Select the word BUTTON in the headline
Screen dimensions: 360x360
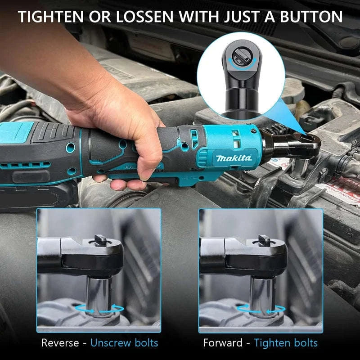tap(311, 17)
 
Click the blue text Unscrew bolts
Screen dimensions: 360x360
tap(124, 343)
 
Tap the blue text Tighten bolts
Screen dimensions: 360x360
tap(285, 343)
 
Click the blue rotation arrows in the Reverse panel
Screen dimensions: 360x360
tap(99, 309)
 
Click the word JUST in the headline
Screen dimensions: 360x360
tap(246, 17)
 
